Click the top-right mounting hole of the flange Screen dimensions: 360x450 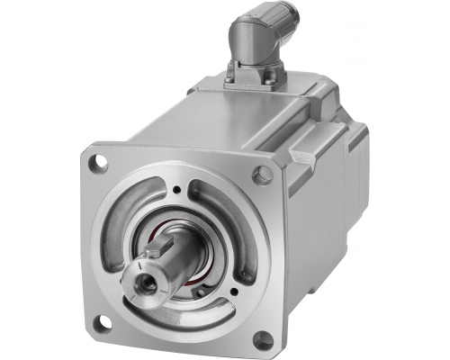click(262, 175)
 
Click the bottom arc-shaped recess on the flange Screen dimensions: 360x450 click(184, 316)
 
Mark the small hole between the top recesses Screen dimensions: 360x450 click(177, 190)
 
